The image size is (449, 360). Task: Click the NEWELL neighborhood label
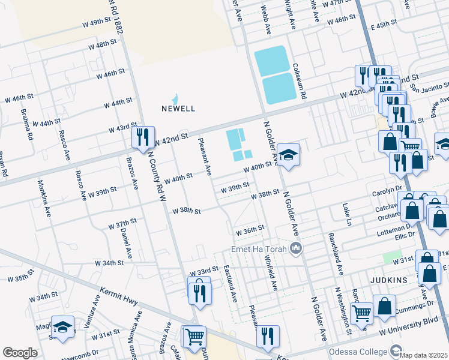(178, 109)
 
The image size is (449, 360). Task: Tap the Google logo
(20, 353)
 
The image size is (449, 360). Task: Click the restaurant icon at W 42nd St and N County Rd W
(143, 137)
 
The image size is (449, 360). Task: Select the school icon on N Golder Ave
(288, 155)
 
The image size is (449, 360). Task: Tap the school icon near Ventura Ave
(62, 327)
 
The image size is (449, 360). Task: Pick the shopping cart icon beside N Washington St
(361, 312)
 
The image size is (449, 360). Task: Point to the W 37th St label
(122, 223)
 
